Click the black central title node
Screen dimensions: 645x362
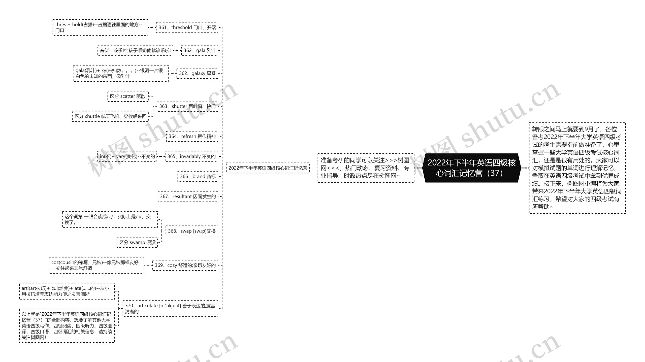(x=471, y=168)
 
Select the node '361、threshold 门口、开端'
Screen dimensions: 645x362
(x=187, y=27)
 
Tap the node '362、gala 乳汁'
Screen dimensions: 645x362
(x=199, y=50)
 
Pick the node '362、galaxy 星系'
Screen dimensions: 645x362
(x=197, y=73)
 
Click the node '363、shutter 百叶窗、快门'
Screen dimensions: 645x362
(x=187, y=106)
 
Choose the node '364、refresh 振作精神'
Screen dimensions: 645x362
(x=192, y=136)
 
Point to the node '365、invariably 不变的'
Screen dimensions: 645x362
(x=191, y=156)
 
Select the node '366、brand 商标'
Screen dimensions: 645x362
(x=198, y=176)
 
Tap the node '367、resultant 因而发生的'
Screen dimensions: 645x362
(x=188, y=196)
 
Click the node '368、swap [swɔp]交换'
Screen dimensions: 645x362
(x=191, y=231)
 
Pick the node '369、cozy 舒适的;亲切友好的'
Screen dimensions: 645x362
(x=185, y=265)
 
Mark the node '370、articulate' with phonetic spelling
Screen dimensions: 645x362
(x=170, y=308)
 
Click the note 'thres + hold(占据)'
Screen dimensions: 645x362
(x=100, y=27)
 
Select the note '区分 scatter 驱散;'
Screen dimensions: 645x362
(x=128, y=96)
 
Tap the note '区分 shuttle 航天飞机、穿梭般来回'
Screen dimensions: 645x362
(x=110, y=116)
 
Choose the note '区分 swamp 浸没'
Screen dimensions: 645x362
(x=137, y=242)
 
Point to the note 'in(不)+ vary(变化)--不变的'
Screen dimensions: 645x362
(x=127, y=156)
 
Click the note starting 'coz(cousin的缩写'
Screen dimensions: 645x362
(x=96, y=265)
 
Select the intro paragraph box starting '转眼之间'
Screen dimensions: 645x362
(x=577, y=168)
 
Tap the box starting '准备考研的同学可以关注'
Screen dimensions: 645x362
(x=366, y=168)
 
